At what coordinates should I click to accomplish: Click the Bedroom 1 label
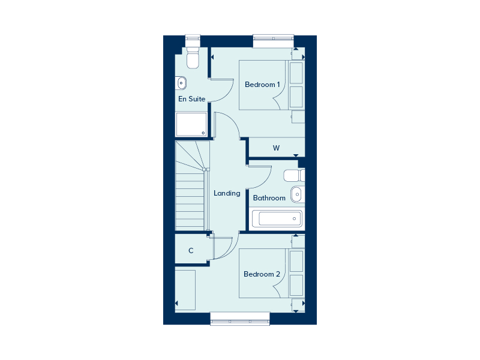(262, 85)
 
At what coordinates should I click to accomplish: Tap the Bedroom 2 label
(262, 274)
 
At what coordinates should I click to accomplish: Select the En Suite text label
(191, 99)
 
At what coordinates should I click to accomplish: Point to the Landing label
(227, 193)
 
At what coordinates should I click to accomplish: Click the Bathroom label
(269, 198)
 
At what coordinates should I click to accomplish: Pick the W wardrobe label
(276, 148)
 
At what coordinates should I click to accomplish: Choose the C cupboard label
(191, 251)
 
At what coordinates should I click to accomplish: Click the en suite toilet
(193, 58)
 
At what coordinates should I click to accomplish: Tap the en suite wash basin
(181, 83)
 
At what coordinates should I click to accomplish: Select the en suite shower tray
(191, 124)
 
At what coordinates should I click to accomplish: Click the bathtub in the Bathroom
(277, 218)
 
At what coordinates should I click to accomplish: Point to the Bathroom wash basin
(296, 194)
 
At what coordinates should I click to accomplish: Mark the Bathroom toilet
(294, 175)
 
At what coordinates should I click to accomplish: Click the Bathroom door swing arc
(265, 181)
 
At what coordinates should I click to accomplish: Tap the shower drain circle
(203, 133)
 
